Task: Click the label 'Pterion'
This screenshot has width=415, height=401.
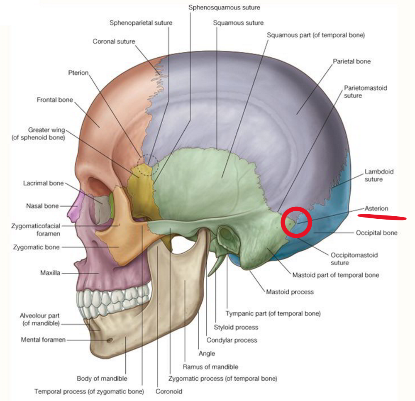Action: pyautogui.click(x=78, y=73)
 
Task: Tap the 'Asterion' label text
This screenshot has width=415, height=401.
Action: pyautogui.click(x=376, y=208)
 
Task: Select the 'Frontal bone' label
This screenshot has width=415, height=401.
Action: pyautogui.click(x=55, y=100)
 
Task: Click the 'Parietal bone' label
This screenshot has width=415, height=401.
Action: pyautogui.click(x=352, y=61)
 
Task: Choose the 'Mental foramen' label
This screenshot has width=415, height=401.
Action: pyautogui.click(x=43, y=340)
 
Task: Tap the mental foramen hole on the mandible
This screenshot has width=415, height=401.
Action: pyautogui.click(x=110, y=340)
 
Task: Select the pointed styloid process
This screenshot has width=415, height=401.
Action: pyautogui.click(x=216, y=268)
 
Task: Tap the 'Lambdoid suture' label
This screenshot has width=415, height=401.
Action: pyautogui.click(x=373, y=175)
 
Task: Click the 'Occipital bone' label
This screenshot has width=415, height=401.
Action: pyautogui.click(x=376, y=233)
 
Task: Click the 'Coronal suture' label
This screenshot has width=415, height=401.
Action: pyautogui.click(x=114, y=42)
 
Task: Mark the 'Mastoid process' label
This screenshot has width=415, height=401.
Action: pyautogui.click(x=290, y=292)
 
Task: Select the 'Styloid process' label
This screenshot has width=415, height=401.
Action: pyautogui.click(x=236, y=327)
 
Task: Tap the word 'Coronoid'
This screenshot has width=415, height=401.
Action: pyautogui.click(x=168, y=391)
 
